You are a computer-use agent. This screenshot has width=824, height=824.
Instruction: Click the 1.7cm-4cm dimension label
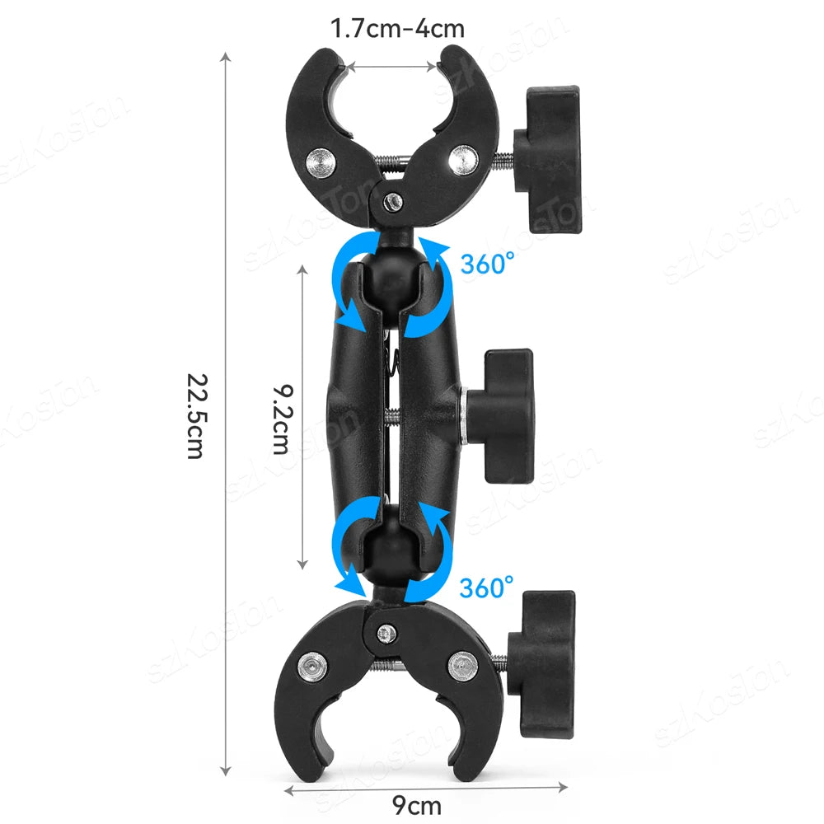[397, 28]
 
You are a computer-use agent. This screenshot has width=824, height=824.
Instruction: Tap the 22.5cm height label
[198, 416]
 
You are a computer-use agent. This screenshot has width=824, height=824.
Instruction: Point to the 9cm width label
[417, 804]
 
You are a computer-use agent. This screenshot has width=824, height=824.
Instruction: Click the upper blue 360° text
[487, 263]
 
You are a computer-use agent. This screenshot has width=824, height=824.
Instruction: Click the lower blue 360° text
[486, 587]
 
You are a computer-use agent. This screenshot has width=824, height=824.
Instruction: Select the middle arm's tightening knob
[500, 415]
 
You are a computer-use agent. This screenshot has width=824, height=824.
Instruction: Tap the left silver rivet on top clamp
[321, 163]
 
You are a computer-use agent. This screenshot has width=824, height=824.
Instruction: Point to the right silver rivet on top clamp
[463, 160]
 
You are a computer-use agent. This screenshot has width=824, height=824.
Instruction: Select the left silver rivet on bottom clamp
[312, 667]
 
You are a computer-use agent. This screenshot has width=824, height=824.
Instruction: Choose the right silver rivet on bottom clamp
[463, 665]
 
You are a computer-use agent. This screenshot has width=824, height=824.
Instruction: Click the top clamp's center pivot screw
[393, 200]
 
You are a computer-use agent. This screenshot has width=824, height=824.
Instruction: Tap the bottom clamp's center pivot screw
[386, 634]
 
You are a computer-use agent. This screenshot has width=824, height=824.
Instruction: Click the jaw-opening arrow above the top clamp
[392, 67]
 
